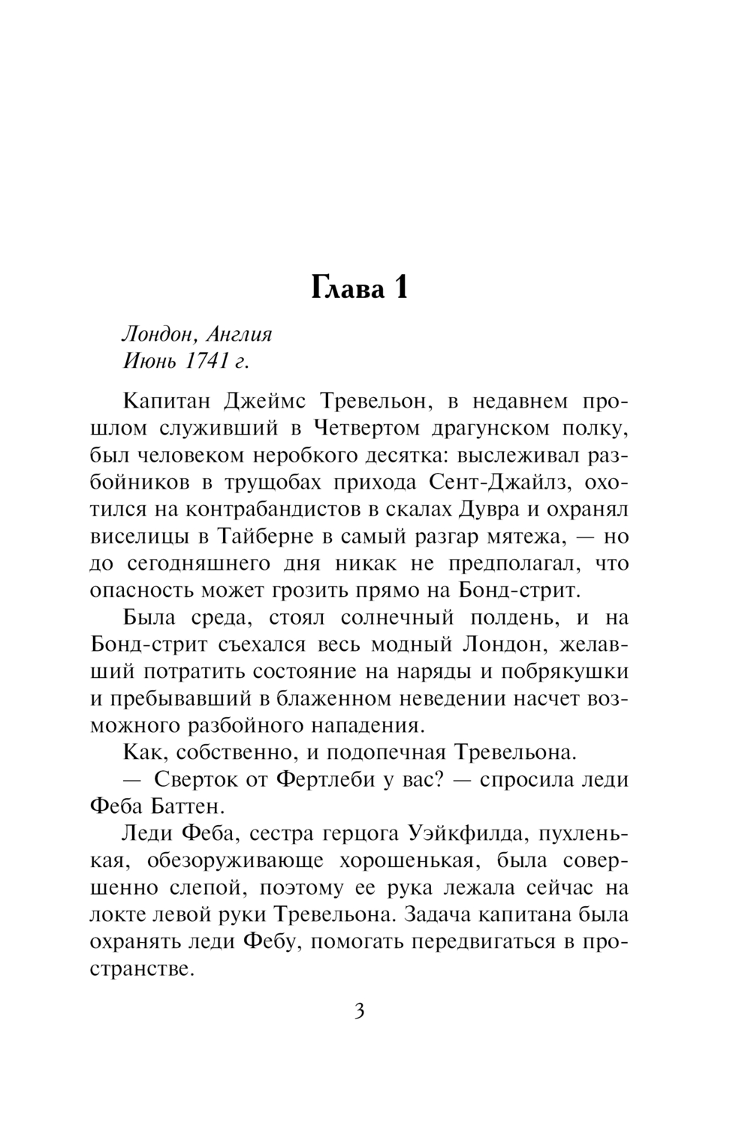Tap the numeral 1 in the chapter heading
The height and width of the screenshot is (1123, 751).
click(x=399, y=288)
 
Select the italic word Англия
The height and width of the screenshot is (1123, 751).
click(x=239, y=334)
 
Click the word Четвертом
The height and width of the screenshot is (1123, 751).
click(x=365, y=428)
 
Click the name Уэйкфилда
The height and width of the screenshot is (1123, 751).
click(x=466, y=834)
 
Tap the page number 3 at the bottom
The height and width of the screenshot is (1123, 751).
click(x=359, y=1011)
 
